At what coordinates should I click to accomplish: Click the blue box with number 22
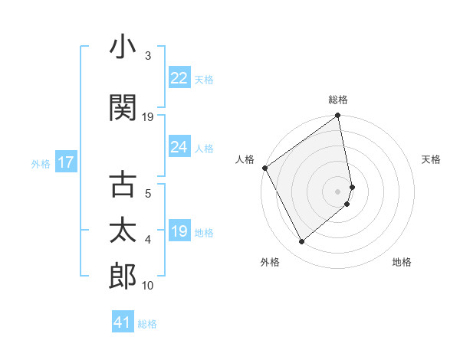click(179, 78)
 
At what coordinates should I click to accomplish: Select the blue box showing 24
click(179, 147)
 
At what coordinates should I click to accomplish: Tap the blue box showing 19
click(179, 231)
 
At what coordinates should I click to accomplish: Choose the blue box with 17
click(65, 162)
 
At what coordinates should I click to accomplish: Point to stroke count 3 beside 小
click(147, 56)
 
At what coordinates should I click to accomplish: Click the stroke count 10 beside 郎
click(147, 285)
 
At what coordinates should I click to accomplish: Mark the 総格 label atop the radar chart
click(338, 100)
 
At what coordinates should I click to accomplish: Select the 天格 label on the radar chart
click(432, 159)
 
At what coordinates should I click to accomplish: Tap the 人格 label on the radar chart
click(245, 159)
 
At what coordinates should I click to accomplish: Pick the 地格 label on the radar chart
click(402, 263)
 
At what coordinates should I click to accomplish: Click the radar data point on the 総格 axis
click(338, 116)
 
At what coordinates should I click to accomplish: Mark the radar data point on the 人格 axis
click(264, 168)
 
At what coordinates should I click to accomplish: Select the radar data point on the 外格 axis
click(301, 242)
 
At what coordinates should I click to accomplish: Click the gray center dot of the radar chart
click(338, 191)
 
